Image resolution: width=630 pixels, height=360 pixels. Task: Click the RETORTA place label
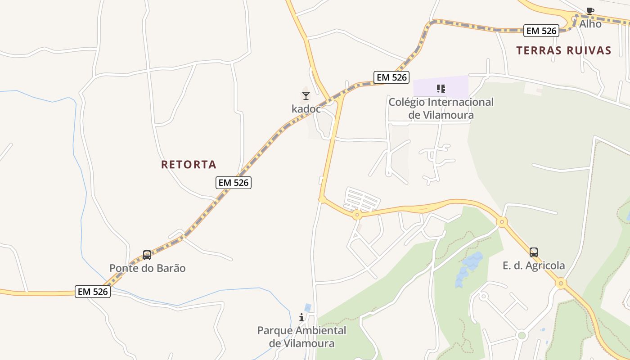click(189, 165)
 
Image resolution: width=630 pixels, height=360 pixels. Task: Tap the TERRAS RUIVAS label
click(563, 50)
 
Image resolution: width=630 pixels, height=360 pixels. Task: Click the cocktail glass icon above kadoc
click(306, 95)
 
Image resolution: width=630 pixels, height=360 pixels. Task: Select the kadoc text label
click(306, 109)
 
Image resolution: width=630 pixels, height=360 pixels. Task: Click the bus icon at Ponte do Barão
click(147, 255)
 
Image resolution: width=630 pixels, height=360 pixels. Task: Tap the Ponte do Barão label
click(147, 268)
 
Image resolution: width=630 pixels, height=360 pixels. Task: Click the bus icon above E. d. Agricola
click(534, 252)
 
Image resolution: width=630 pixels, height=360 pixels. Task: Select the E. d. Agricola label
click(534, 265)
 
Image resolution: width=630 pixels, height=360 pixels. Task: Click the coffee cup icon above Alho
click(590, 11)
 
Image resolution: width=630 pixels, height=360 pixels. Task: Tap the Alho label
click(590, 24)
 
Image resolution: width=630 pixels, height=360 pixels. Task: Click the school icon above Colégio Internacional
click(441, 88)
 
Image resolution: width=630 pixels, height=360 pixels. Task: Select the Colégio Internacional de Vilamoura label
click(441, 108)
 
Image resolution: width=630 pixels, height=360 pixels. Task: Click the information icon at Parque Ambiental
click(301, 318)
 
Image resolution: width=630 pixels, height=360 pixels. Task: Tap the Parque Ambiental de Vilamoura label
click(302, 337)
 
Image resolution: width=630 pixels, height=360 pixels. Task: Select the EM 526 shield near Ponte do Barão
click(93, 292)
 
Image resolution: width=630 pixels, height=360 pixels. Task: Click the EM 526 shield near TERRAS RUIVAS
click(541, 31)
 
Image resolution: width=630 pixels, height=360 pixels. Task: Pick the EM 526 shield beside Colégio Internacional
click(391, 77)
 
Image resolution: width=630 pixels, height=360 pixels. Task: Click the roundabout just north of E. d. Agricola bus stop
click(502, 221)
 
